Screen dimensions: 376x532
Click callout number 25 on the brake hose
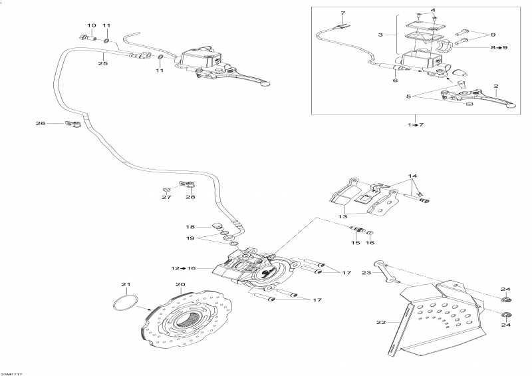pyautogui.click(x=102, y=64)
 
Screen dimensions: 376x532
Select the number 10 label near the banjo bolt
pyautogui.click(x=92, y=25)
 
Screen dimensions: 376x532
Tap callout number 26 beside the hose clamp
pyautogui.click(x=41, y=122)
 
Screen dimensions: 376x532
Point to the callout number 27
pyautogui.click(x=166, y=197)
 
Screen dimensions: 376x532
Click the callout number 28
pyautogui.click(x=191, y=197)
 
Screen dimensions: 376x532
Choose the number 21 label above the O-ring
pyautogui.click(x=126, y=285)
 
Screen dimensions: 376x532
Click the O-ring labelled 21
pyautogui.click(x=124, y=303)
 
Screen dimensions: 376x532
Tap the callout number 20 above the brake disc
pyautogui.click(x=180, y=285)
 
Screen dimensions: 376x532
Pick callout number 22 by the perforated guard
pyautogui.click(x=381, y=323)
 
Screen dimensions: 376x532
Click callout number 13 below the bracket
pyautogui.click(x=344, y=216)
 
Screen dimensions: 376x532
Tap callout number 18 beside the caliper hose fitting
pyautogui.click(x=190, y=226)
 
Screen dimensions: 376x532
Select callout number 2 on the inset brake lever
pyautogui.click(x=495, y=87)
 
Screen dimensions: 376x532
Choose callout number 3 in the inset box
pyautogui.click(x=381, y=35)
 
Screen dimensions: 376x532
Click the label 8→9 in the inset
pyautogui.click(x=499, y=48)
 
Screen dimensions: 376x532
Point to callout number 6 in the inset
pyautogui.click(x=395, y=81)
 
